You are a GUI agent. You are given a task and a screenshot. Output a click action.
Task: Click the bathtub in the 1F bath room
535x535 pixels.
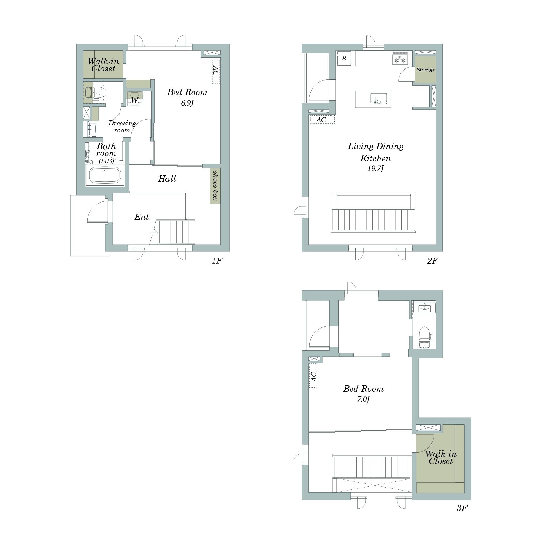(105, 175)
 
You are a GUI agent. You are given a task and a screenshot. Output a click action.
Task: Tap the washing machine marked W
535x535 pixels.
(135, 99)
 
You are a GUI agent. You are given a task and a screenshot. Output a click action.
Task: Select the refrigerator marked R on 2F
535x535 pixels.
(344, 58)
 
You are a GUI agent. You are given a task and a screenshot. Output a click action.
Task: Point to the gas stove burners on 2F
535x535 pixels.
(400, 58)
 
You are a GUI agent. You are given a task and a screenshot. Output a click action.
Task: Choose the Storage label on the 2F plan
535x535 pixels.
(425, 70)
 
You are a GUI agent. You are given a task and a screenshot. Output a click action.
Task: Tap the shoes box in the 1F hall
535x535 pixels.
(215, 186)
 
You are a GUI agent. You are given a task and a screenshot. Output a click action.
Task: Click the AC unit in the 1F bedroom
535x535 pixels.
(216, 71)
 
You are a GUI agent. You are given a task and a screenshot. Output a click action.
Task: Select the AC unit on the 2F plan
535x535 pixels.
(322, 120)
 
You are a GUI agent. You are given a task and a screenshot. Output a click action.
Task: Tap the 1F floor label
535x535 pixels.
(217, 261)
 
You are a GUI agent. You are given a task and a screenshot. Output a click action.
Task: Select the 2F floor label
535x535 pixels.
(433, 261)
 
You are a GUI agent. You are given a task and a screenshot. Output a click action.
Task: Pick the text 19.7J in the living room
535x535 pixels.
(375, 169)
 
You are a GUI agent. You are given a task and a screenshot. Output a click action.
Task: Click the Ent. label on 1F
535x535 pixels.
(143, 217)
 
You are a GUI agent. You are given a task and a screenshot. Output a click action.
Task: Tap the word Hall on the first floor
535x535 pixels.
(167, 179)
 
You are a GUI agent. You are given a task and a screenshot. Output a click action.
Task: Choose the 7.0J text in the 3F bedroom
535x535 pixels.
(363, 399)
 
